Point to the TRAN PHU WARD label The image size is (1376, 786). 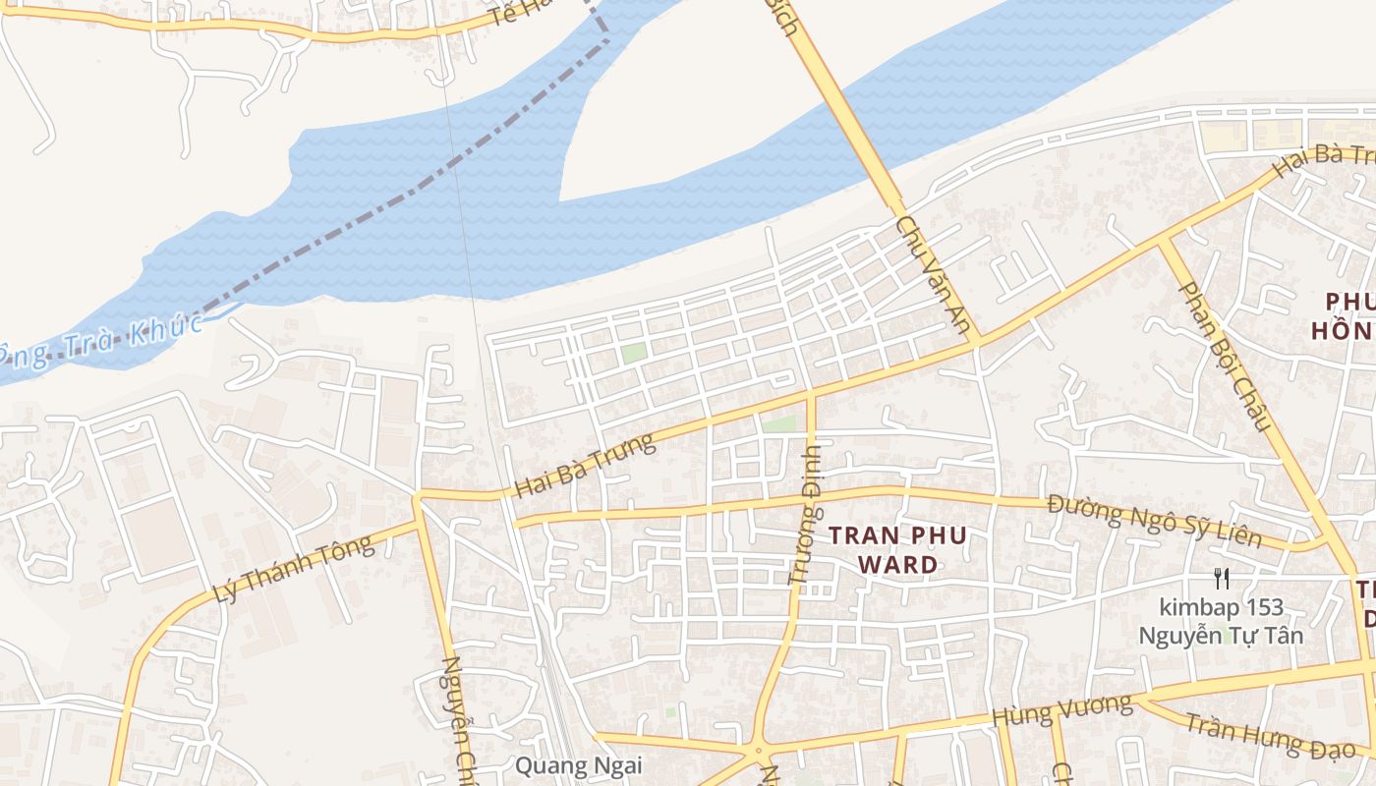[x=897, y=550]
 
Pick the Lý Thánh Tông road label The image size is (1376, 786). [x=293, y=569]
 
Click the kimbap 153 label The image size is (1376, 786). [x=1220, y=607]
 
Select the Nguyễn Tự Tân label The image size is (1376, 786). [x=1221, y=636]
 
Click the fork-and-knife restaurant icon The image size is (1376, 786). [x=1221, y=579]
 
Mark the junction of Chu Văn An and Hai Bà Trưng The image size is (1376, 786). [x=976, y=343]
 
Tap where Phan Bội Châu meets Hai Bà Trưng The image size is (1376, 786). [x=1164, y=239]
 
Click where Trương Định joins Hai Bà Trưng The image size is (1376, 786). [x=811, y=394]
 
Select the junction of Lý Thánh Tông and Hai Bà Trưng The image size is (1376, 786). [x=418, y=497]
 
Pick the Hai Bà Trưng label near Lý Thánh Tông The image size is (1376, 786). [x=584, y=464]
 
